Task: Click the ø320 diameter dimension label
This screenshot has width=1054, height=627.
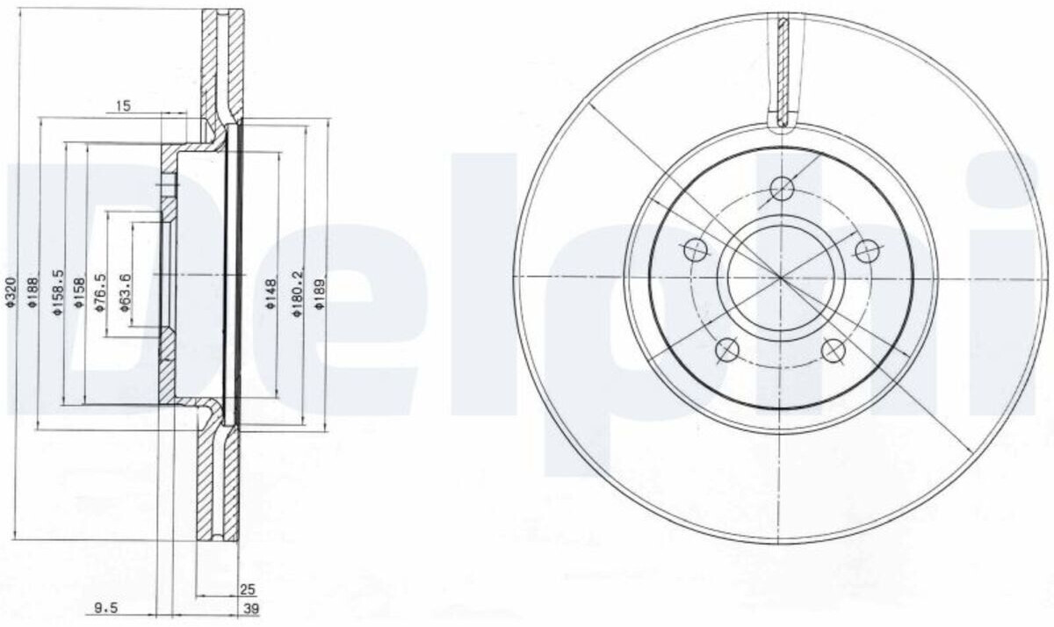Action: coord(11,292)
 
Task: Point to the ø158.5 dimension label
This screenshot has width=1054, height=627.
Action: coord(57,292)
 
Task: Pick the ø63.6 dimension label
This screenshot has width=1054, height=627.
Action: coord(125,292)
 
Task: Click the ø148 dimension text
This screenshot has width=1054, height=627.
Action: coord(271,293)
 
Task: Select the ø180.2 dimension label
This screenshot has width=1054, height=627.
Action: coord(298,293)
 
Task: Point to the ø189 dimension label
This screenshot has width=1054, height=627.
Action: coord(320,293)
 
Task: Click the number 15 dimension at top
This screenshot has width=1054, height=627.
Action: coord(123,106)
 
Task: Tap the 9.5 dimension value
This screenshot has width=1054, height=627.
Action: coord(105,609)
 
